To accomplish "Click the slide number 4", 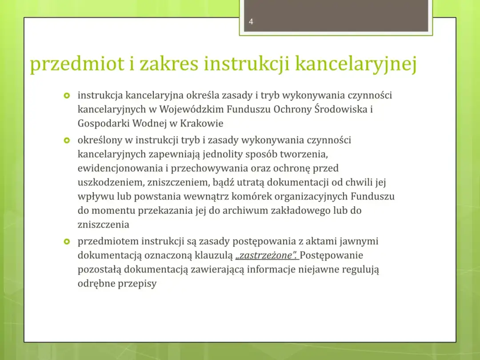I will click(x=251, y=22).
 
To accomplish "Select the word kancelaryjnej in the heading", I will click(x=356, y=64).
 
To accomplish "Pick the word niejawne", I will click(x=314, y=269).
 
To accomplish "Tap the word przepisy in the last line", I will click(x=137, y=284).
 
